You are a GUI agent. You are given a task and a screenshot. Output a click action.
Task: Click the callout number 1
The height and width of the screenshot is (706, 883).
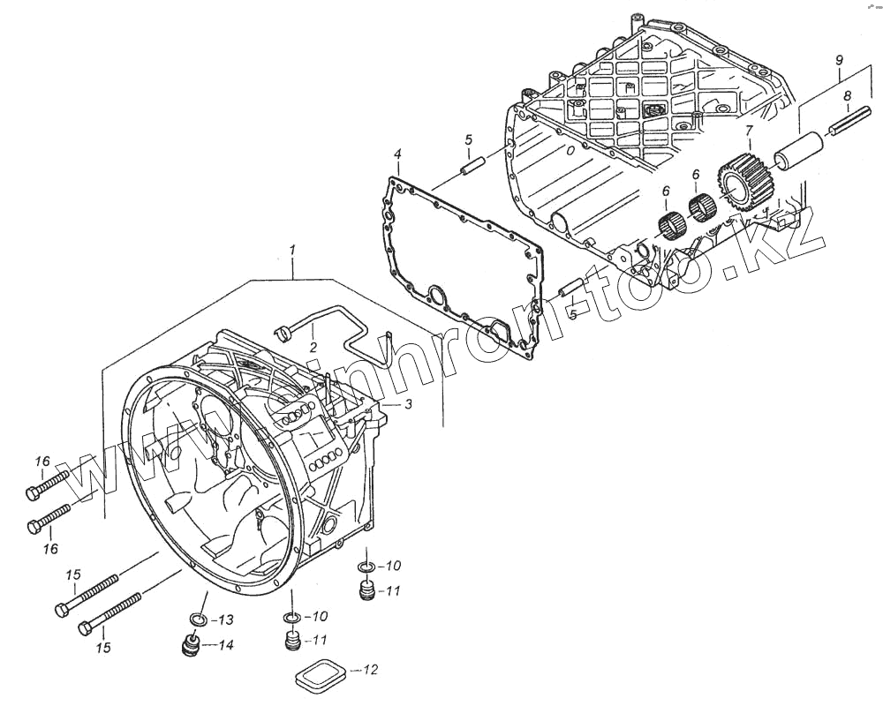[x=291, y=252]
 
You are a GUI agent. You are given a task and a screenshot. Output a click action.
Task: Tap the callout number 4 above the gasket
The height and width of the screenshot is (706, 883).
[x=397, y=155]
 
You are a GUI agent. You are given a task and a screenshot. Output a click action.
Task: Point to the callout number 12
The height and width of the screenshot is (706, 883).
[x=370, y=670]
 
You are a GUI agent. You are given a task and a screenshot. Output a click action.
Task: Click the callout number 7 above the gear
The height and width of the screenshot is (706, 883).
[x=749, y=131]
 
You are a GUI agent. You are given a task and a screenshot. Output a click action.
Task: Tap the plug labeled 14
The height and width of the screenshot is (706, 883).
[x=189, y=647]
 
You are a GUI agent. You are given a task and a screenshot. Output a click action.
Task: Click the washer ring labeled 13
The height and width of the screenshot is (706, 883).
[x=200, y=619]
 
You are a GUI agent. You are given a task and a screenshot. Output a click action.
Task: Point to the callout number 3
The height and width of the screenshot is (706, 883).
[x=408, y=405]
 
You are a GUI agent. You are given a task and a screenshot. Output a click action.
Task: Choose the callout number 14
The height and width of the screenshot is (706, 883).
[x=225, y=646]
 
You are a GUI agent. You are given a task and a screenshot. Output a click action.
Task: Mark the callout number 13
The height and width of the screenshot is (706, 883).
[x=225, y=619]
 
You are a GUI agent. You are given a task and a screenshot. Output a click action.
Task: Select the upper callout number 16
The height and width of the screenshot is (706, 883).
[x=42, y=462]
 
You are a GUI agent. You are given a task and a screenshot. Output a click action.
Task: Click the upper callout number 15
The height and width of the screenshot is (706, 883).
[x=73, y=575]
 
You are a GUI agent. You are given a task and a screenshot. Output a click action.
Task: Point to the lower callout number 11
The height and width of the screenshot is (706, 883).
[x=319, y=641]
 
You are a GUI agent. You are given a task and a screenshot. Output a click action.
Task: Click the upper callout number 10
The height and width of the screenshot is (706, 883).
[x=393, y=566]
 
